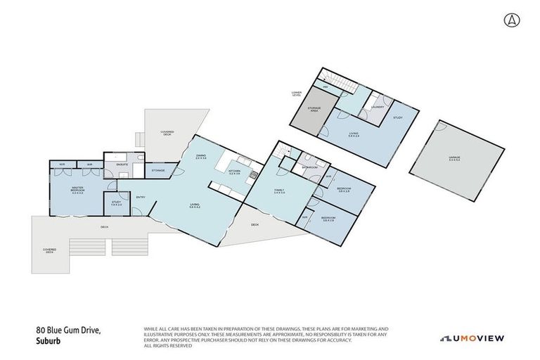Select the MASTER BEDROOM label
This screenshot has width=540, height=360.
tap(77, 190)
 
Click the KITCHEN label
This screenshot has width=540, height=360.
tap(235, 171)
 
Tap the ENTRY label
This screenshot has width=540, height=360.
tap(140, 197)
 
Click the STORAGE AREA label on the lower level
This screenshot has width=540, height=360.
tap(314, 109)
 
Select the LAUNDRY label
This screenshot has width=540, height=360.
tap(378, 107)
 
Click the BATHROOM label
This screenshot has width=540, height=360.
tap(310, 168)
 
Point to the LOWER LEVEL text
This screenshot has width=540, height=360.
tap(297, 94)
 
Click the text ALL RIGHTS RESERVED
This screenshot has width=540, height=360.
tap(169, 346)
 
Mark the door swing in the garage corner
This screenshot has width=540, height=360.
tap(441, 127)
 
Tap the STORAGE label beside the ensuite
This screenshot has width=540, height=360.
tap(157, 170)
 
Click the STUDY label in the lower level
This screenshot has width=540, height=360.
tap(397, 117)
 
